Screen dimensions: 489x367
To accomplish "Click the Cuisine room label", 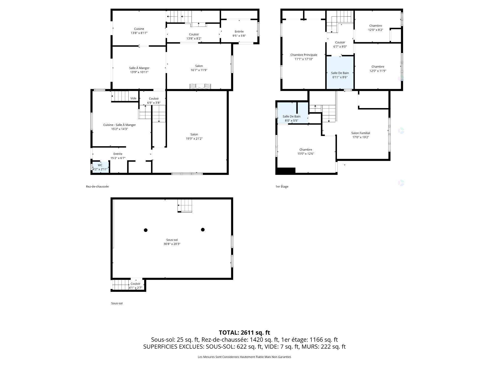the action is (139, 29).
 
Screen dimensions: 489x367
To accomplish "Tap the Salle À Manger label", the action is (139, 68).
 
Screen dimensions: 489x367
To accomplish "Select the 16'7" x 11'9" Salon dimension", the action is (199, 70).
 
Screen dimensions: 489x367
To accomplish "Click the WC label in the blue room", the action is (100, 165).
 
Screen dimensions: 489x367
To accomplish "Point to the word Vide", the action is (133, 98).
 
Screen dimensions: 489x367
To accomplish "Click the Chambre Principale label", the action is (304, 55).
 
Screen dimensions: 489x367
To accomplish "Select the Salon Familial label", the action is (361, 133).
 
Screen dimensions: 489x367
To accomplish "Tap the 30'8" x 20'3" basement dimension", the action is (172, 244).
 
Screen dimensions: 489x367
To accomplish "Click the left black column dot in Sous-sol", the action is (146, 230).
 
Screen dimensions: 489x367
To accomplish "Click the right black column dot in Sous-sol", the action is (203, 230).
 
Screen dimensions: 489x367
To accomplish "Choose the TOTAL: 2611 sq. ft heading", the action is (244, 333).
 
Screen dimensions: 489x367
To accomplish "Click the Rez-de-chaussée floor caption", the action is (97, 187).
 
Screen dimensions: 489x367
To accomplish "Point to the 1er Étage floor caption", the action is (282, 187).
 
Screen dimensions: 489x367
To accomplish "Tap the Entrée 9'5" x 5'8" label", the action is (239, 34).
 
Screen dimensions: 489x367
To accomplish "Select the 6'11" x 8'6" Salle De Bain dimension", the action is (340, 77).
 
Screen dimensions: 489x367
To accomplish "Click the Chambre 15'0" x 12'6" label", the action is (306, 152).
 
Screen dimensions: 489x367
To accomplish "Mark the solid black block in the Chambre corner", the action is (286, 171).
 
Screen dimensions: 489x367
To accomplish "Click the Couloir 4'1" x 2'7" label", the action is (135, 286).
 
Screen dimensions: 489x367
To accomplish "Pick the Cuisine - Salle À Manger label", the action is (119, 125).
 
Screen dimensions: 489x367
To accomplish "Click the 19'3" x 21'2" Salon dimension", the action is (194, 139).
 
